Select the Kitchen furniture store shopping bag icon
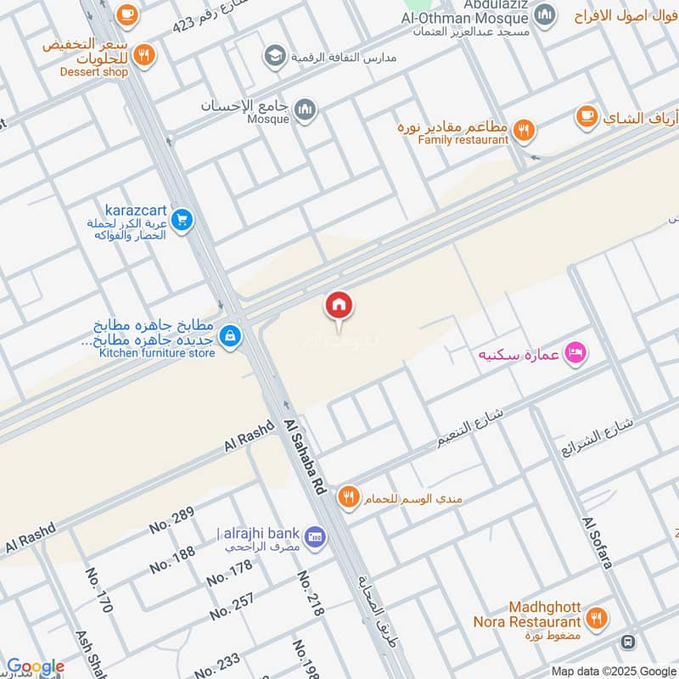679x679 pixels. pyautogui.click(x=230, y=337)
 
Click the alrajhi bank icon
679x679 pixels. pyautogui.click(x=316, y=538)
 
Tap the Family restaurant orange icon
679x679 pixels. pyautogui.click(x=524, y=130)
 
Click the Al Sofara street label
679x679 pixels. pyautogui.click(x=598, y=542)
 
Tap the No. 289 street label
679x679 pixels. pyautogui.click(x=171, y=519)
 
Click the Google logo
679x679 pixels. pyautogui.click(x=35, y=667)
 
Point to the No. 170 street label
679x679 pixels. pyautogui.click(x=98, y=591)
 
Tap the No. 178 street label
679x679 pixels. pyautogui.click(x=229, y=573)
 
